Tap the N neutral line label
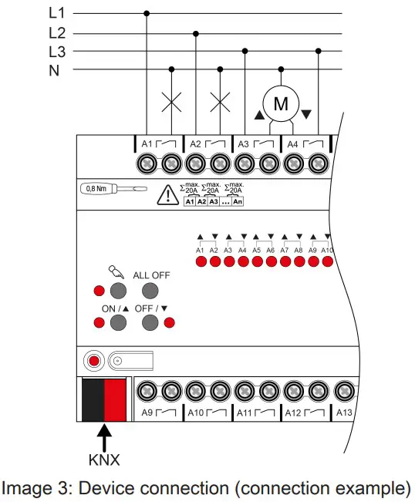54,70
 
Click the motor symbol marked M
282,102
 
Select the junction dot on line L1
147,13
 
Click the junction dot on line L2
196,33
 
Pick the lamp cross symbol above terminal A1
171,102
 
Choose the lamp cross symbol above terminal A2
221,102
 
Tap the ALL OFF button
150,291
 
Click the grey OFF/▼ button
150,322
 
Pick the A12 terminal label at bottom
295,413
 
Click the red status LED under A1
200,262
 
